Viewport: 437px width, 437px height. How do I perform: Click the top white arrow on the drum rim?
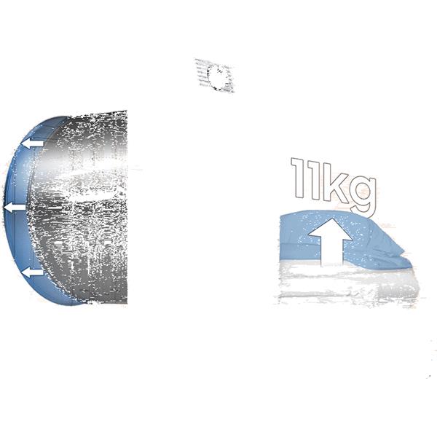click(33, 143)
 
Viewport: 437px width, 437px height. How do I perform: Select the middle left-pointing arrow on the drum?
click(15, 208)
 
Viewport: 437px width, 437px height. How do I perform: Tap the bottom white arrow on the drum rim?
click(32, 273)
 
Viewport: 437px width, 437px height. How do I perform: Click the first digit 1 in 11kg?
click(298, 178)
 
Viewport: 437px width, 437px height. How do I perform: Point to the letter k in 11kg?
click(337, 183)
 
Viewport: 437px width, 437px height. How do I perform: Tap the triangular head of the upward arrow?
click(331, 229)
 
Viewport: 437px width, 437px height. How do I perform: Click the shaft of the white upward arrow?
click(331, 253)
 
